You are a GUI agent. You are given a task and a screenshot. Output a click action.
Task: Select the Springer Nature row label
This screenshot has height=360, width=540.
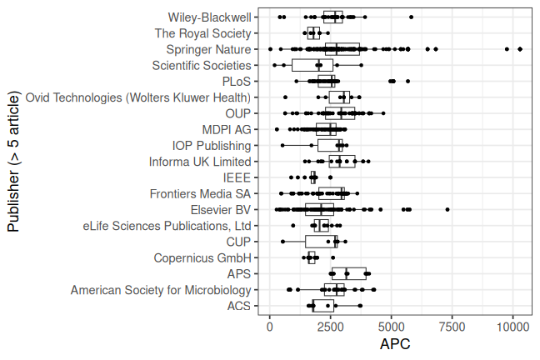coord(208,49)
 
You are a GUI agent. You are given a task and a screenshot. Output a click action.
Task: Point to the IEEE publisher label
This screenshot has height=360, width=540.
coord(237,177)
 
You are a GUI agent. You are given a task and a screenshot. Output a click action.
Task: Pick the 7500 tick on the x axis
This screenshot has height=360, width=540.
coord(452,327)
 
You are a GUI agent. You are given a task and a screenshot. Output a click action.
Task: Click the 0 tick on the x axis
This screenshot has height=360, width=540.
coord(270,327)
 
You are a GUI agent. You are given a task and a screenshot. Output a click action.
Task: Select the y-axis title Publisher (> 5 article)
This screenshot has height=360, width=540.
coord(13,162)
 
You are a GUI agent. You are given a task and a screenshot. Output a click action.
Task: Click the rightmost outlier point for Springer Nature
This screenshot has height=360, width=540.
coord(520,49)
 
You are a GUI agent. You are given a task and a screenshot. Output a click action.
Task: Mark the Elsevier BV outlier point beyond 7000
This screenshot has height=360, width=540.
coord(447,209)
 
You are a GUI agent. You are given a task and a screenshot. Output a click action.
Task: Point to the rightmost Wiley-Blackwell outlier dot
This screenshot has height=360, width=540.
coord(411,17)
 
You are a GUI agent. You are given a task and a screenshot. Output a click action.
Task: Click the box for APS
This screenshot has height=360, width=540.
coord(343,273)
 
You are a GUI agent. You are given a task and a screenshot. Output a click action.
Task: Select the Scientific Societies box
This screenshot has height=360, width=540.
coord(312,65)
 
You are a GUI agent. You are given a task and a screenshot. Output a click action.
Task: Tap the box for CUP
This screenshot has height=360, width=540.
coord(321,242)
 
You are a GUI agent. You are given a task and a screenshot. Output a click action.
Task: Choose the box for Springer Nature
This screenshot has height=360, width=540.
coord(342,49)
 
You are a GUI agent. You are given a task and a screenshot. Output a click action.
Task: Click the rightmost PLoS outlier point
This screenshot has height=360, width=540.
coord(407,81)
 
